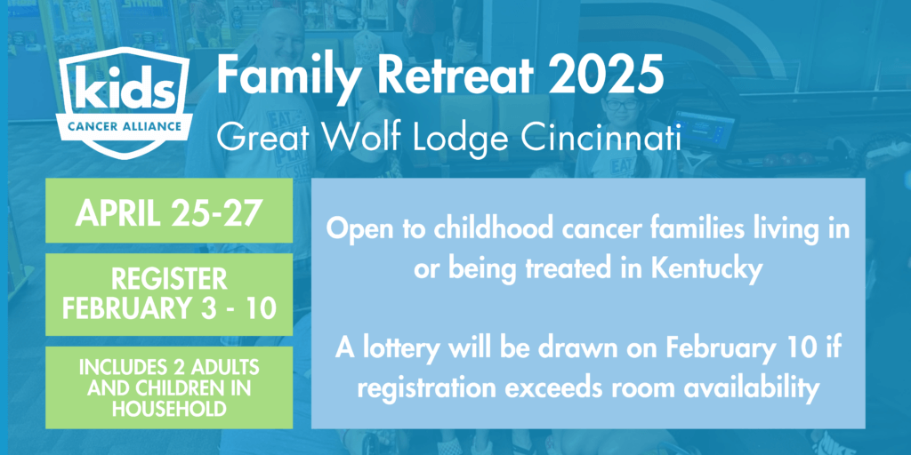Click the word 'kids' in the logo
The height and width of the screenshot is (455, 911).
tap(123, 90)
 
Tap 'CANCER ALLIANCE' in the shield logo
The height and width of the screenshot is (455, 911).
tap(123, 124)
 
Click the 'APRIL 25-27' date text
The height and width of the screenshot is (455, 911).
tap(169, 213)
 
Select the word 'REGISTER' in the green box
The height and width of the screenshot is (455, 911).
tap(169, 279)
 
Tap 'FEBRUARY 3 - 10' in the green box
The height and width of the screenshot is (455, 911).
tap(169, 308)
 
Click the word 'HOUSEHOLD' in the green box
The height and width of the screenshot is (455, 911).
tap(169, 409)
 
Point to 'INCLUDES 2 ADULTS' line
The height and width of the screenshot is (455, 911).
tap(169, 367)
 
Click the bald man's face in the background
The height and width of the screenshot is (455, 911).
tap(280, 35)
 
